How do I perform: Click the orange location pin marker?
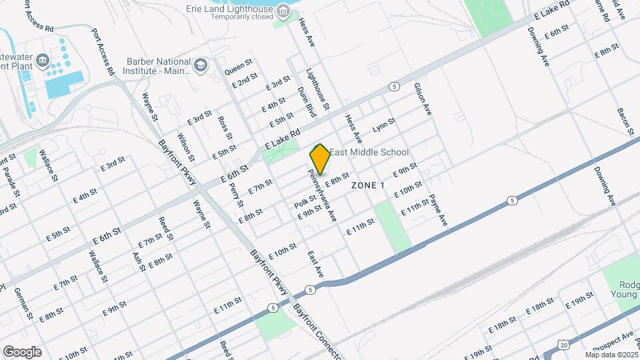coord(320,159)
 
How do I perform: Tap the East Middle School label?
coord(369,153)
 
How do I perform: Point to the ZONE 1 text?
coord(368,185)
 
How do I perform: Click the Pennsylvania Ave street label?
coord(322,195)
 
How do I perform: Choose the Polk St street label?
coord(305,201)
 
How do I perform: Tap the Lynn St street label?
coord(384,125)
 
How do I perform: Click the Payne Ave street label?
coord(437,209)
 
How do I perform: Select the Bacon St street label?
coord(625,121)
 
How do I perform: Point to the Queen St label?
coord(238,67)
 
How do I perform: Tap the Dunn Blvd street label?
coord(306,102)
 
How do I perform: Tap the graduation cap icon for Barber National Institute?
coord(201,65)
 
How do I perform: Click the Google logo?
coord(21,352)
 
